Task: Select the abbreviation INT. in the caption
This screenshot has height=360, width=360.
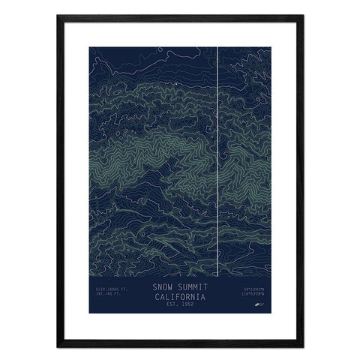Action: [100, 295]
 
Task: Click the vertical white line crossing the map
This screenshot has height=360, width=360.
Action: [217, 150]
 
